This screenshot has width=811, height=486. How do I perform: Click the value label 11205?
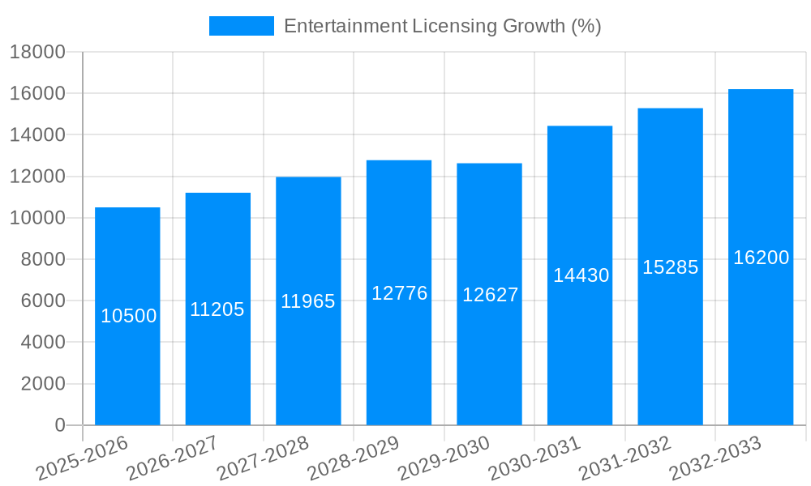point(217,309)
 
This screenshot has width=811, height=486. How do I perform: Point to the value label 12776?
point(399,293)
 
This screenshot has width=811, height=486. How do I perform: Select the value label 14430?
point(581,275)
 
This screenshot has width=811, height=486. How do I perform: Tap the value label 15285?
point(671,267)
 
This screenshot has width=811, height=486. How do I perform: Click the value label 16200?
point(761,258)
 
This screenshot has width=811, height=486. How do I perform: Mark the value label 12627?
point(490,295)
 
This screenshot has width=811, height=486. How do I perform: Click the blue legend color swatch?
point(241,26)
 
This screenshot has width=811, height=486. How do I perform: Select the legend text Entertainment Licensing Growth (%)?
point(442,26)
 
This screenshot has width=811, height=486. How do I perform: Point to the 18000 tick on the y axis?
point(36,53)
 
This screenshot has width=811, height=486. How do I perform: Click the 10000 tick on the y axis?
point(36,218)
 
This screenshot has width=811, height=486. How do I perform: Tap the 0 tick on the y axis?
point(59,425)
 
